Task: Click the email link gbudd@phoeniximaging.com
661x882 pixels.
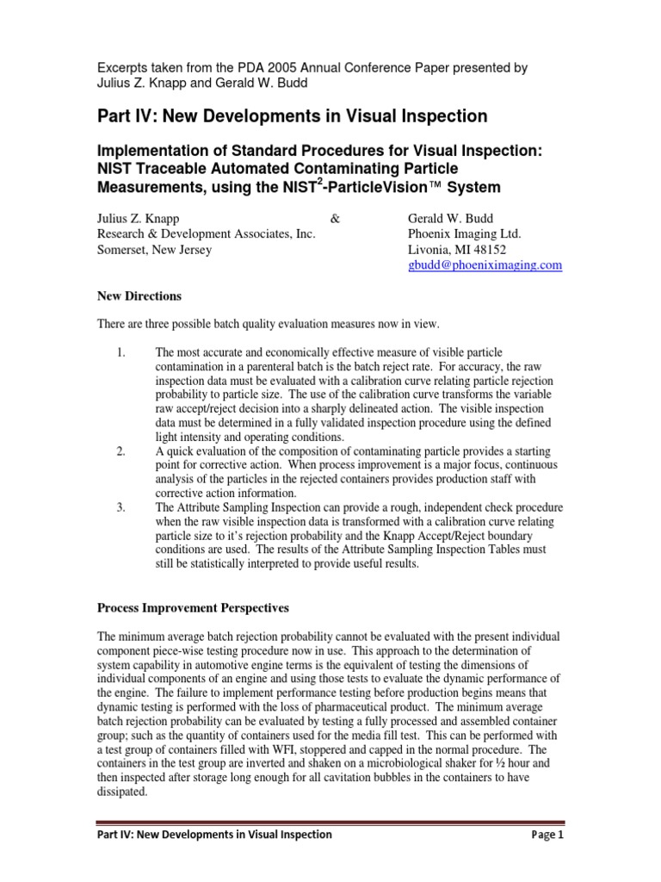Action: coord(485,265)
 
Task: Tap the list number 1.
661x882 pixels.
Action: coord(120,353)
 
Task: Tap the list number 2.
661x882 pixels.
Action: coord(120,451)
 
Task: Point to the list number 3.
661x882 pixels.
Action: coord(120,507)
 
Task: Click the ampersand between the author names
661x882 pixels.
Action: coord(336,218)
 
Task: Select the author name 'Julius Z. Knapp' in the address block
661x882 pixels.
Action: coord(137,218)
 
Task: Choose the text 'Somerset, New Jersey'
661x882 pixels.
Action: coord(153,250)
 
